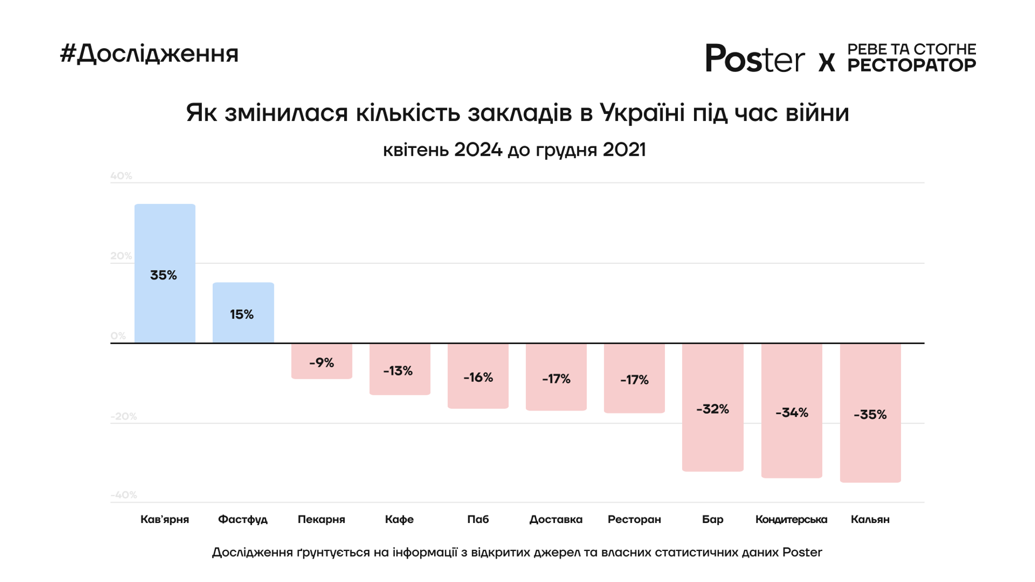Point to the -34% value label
coord(791,412)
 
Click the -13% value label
coord(398,371)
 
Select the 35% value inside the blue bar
coord(164,275)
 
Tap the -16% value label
coord(478,378)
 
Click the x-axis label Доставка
coord(556,519)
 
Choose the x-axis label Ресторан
coord(634,519)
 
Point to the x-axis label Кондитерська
coord(791,519)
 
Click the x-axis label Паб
coord(478,519)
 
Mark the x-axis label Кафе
coord(399,519)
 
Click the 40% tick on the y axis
coord(121,176)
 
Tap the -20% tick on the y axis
coord(123,416)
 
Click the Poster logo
coord(755,58)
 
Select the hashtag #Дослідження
coord(149,54)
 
